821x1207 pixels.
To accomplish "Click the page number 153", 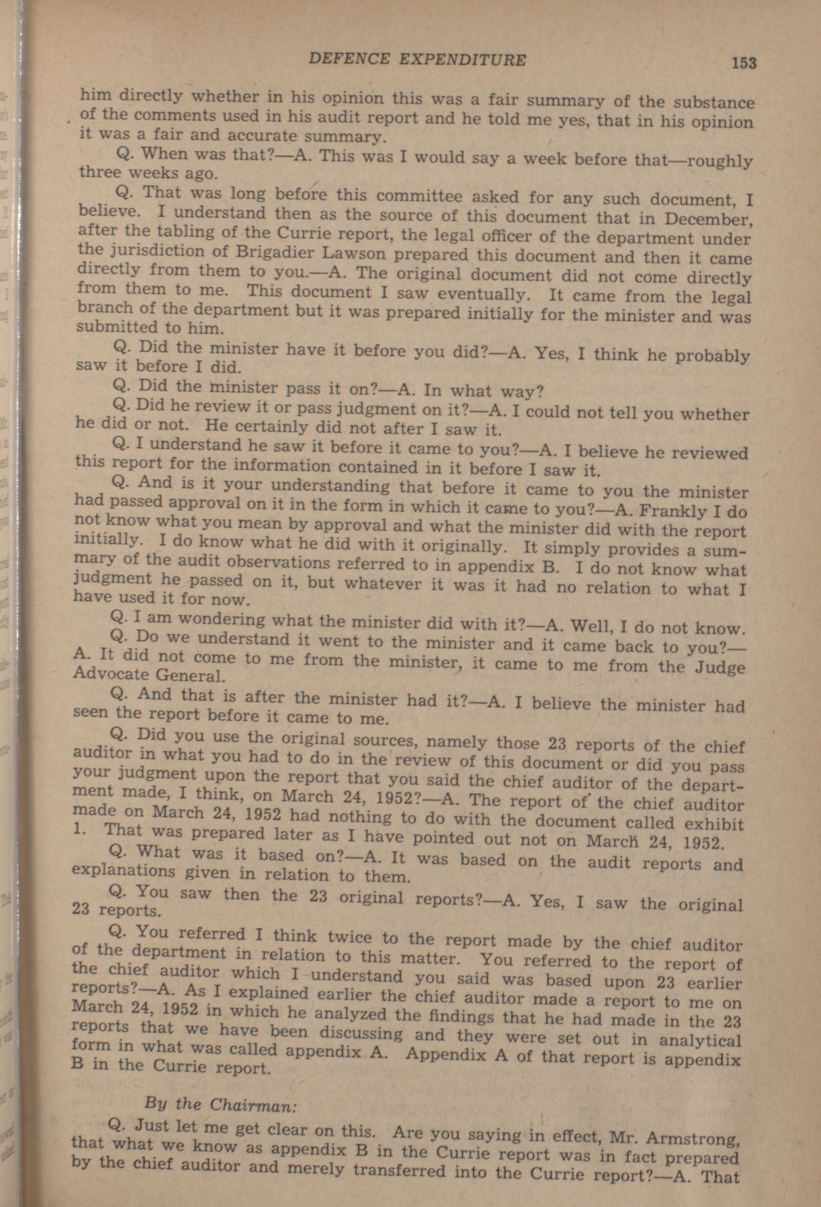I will tap(744, 63).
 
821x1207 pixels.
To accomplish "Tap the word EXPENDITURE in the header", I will tap(462, 60).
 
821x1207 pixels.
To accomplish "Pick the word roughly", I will tap(719, 162).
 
